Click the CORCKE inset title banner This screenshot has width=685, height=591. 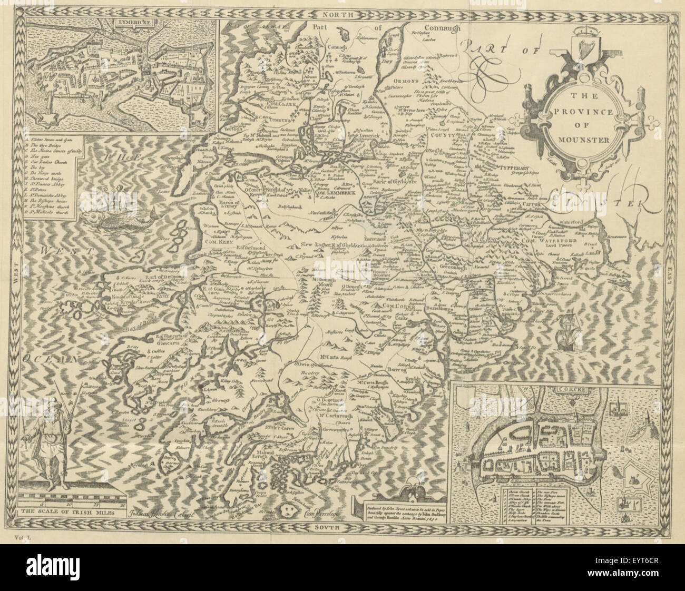point(557,392)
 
